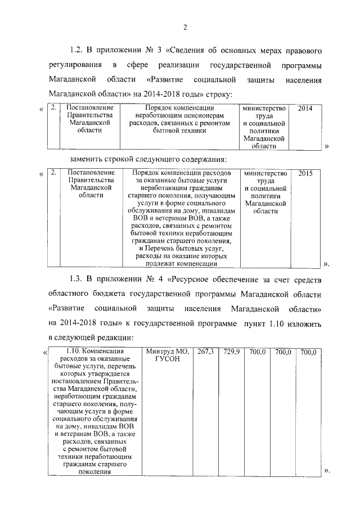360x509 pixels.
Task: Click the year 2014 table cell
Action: click(x=307, y=107)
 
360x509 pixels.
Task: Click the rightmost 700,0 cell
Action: click(x=309, y=352)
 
